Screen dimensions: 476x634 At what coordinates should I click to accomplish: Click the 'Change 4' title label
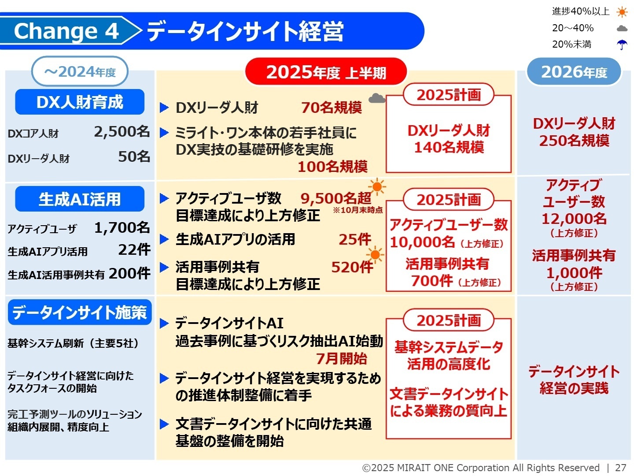click(x=66, y=31)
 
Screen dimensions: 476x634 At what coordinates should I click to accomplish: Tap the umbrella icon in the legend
click(x=622, y=45)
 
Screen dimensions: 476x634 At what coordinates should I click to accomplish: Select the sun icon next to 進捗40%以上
click(x=622, y=12)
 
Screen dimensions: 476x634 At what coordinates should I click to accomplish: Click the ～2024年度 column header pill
click(x=80, y=71)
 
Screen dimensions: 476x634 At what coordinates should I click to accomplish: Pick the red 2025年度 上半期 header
click(x=326, y=72)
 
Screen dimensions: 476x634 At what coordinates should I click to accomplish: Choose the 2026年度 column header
click(x=574, y=71)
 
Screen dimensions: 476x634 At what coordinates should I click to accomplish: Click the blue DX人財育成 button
click(x=80, y=102)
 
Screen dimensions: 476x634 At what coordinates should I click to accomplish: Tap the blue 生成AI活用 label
click(x=80, y=199)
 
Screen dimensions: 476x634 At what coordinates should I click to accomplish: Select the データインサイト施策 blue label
click(x=80, y=312)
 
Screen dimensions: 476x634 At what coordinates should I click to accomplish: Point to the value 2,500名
click(x=122, y=131)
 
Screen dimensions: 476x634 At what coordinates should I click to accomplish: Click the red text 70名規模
click(x=332, y=108)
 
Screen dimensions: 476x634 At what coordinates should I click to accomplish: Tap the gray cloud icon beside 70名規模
click(x=376, y=98)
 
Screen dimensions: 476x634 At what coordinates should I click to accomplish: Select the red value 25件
click(x=355, y=239)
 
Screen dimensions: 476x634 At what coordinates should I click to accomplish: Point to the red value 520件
click(x=352, y=267)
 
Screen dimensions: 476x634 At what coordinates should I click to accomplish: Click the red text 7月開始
click(x=342, y=359)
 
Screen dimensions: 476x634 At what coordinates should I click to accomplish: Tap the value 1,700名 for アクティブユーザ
click(x=122, y=227)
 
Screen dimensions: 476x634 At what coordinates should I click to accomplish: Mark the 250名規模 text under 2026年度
click(x=574, y=141)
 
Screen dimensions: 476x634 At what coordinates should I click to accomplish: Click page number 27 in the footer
click(x=620, y=468)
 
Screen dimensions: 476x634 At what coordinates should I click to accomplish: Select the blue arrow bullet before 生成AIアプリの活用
click(x=164, y=239)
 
